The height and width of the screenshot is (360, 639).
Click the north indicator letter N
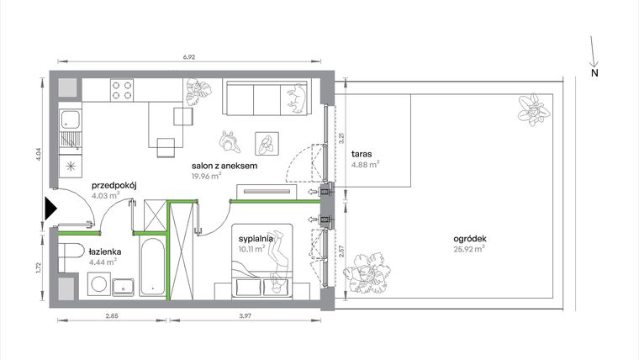594,73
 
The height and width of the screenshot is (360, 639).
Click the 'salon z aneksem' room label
224,167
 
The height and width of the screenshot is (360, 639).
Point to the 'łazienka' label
104,251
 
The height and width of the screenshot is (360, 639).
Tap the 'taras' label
362,155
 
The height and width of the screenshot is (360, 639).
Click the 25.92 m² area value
469,249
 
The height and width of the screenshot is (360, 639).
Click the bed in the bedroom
263,261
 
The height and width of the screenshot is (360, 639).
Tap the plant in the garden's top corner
531,109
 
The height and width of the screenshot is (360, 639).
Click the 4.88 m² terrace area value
365,165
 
